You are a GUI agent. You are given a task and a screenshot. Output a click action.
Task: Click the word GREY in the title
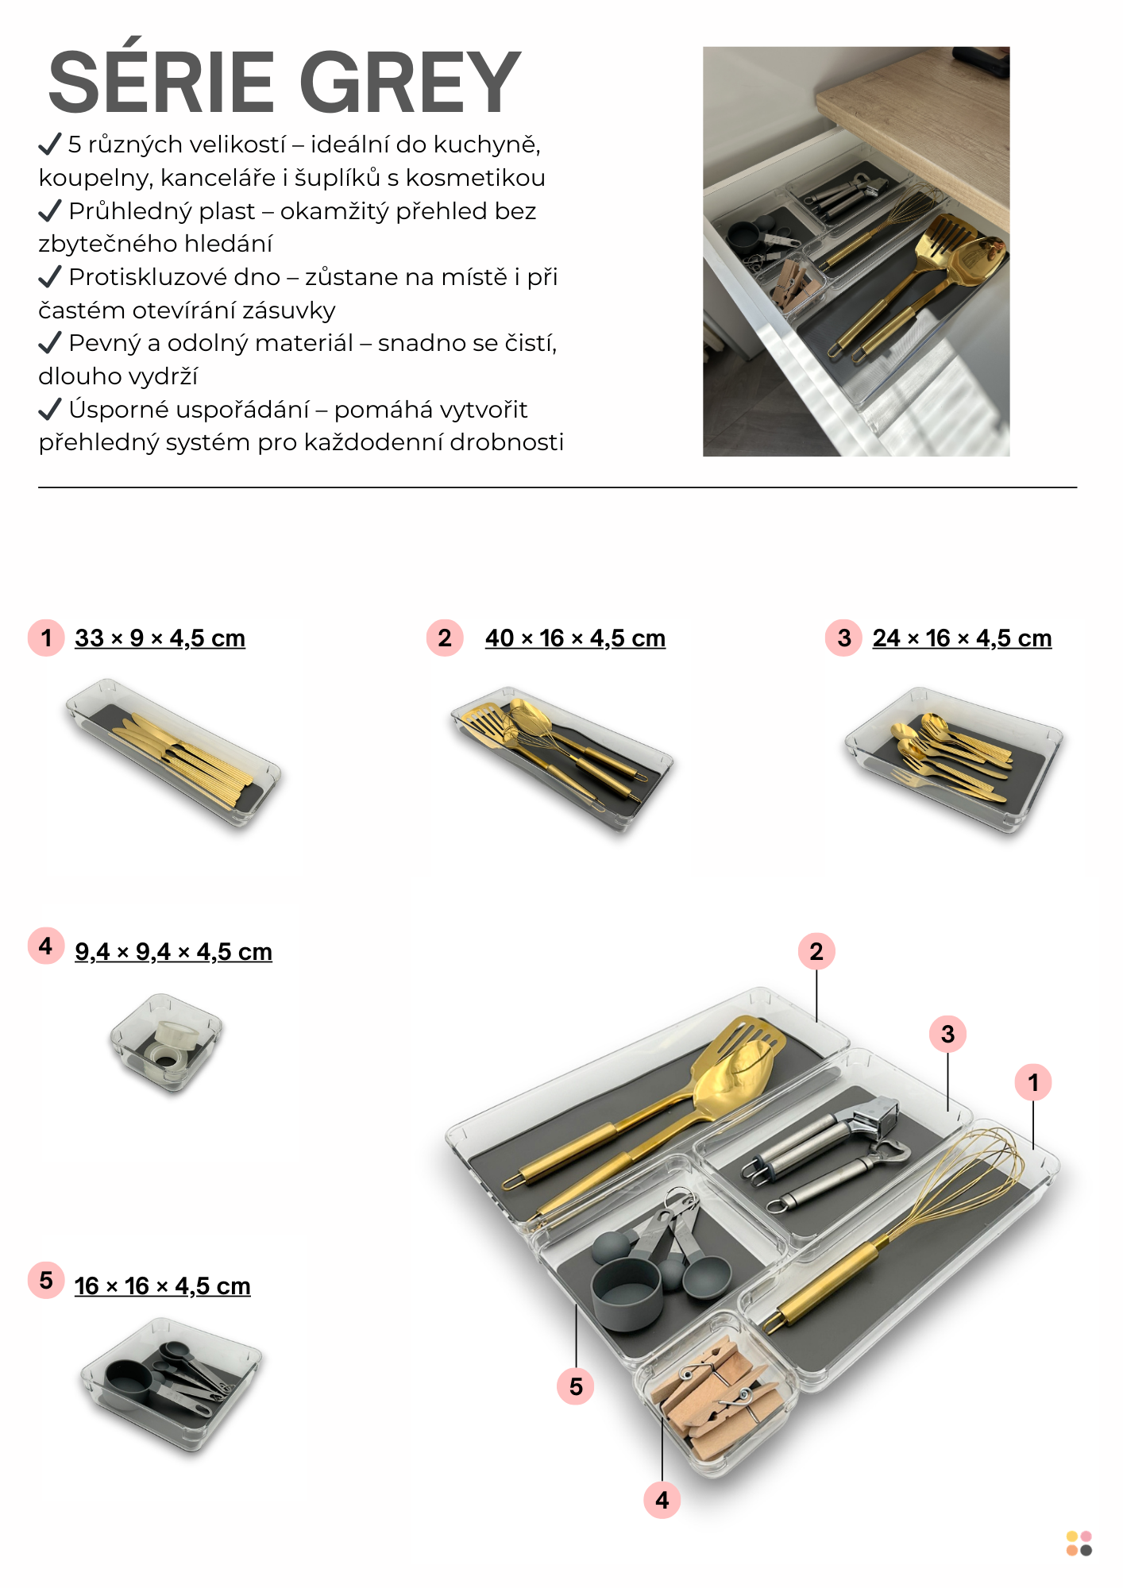click(x=410, y=82)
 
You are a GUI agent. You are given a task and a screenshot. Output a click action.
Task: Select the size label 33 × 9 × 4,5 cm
click(x=160, y=638)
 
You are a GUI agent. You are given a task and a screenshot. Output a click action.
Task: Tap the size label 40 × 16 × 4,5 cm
click(x=575, y=638)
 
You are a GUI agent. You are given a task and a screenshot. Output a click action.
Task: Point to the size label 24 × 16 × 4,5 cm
click(x=962, y=638)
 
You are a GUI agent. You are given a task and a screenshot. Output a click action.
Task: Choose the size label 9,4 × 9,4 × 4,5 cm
click(x=173, y=951)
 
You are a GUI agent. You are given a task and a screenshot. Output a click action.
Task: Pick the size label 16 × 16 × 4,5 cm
click(x=162, y=1285)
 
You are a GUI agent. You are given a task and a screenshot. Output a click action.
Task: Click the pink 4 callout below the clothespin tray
click(x=662, y=1500)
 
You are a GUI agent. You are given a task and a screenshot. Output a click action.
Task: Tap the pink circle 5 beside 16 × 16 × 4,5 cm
click(x=46, y=1280)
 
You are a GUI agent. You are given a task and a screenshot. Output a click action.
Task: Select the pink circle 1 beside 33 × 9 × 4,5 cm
click(x=46, y=638)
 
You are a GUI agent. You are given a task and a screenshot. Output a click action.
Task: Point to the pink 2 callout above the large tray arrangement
click(x=816, y=951)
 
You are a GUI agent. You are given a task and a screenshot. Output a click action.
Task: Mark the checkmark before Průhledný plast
click(x=49, y=210)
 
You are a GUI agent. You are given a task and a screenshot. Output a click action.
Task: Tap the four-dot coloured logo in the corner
click(x=1079, y=1544)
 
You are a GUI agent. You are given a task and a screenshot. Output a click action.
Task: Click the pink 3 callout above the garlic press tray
click(x=947, y=1034)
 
